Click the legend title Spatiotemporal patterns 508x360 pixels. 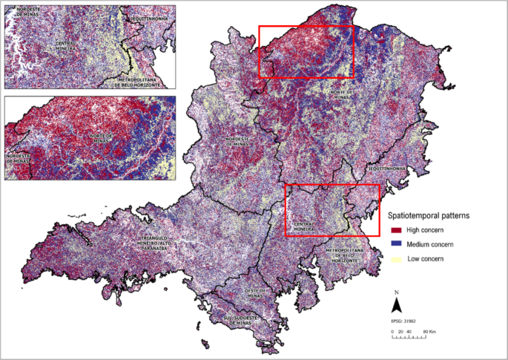pyautogui.click(x=431, y=215)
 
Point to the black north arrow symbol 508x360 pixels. pyautogui.click(x=397, y=304)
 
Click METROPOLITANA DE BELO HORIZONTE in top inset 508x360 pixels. pyautogui.click(x=138, y=80)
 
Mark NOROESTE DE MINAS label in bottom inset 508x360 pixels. pyautogui.click(x=18, y=158)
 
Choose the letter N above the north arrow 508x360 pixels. pyautogui.click(x=397, y=292)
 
